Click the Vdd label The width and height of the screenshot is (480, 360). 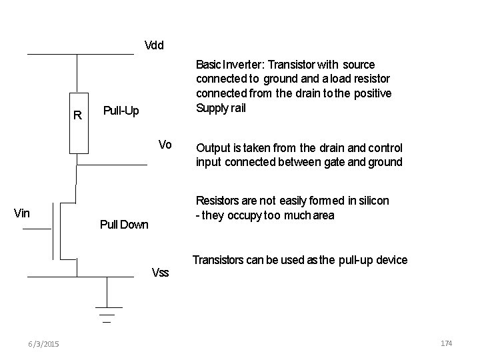coord(154,46)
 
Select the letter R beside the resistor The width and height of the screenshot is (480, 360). coord(77,115)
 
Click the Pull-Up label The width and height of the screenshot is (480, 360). coord(121,110)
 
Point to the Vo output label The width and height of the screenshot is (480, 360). coord(165,145)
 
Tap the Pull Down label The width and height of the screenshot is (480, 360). coord(123,225)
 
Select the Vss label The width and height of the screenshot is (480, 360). coord(161,272)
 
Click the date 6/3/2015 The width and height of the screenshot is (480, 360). coord(43,343)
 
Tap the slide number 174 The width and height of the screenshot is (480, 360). coord(446,343)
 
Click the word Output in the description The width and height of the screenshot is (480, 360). coord(212,148)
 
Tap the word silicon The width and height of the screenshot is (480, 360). coord(374,201)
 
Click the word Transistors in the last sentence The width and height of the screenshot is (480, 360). coord(220,260)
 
